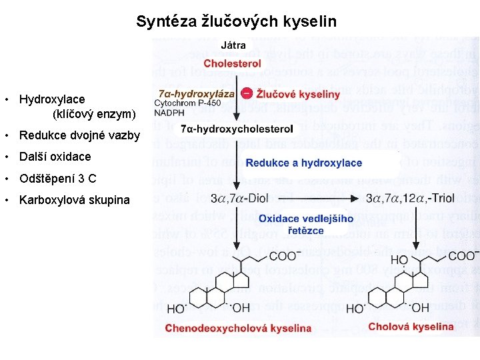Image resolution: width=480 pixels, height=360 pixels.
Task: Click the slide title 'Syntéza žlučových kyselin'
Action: coord(236,21)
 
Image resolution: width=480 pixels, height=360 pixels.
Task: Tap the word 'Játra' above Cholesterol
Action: coord(233,46)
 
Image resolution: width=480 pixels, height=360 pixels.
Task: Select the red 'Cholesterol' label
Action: coord(232,63)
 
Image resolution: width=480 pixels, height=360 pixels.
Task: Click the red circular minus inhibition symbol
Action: coord(246,94)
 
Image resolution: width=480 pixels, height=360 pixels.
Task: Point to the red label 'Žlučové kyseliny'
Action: coord(298,95)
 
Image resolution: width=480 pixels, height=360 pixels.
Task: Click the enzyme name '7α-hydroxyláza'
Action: coord(197,94)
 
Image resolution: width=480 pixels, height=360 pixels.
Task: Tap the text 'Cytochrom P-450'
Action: coord(187,103)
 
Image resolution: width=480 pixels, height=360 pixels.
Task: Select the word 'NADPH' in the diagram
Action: coord(169,113)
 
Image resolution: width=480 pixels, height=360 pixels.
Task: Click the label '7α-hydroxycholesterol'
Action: coord(237,129)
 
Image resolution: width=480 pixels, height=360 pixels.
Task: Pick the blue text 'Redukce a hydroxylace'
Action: coord(303,163)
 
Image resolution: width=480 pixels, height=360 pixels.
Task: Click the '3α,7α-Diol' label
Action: coord(239,198)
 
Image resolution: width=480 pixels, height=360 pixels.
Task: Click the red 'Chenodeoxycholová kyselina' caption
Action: coord(238,328)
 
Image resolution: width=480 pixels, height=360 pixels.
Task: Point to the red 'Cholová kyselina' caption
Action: coord(411,327)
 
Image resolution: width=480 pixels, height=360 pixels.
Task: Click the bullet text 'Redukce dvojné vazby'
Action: coord(80,136)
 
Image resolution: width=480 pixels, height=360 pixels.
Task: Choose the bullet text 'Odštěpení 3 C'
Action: coord(58,178)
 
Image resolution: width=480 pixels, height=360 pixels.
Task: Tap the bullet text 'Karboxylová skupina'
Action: coord(75,200)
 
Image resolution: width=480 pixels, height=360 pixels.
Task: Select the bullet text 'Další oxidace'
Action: coord(55,157)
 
